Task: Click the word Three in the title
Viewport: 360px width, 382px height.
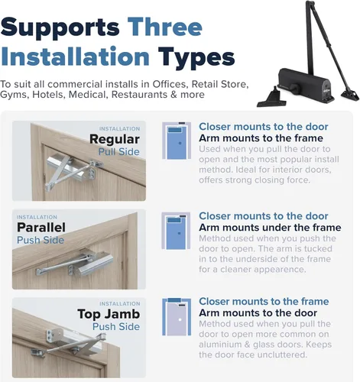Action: pyautogui.click(x=165, y=27)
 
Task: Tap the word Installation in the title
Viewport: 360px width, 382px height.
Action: pyautogui.click(x=75, y=57)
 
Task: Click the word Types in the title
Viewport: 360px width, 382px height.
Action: pyautogui.click(x=196, y=58)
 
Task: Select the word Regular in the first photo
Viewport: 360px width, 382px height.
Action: pyautogui.click(x=115, y=139)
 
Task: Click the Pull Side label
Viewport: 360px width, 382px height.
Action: pyautogui.click(x=119, y=152)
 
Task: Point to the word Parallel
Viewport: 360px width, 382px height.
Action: pyautogui.click(x=41, y=228)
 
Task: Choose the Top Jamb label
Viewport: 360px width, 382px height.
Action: pyautogui.click(x=109, y=314)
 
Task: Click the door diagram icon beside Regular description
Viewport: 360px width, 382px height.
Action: pyautogui.click(x=177, y=141)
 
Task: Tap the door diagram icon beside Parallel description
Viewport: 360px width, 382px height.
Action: pyautogui.click(x=176, y=231)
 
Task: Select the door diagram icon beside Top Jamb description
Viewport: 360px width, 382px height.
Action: pyautogui.click(x=177, y=317)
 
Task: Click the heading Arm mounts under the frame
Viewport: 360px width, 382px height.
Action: pyautogui.click(x=270, y=228)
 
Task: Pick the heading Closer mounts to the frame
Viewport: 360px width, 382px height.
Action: pyautogui.click(x=264, y=302)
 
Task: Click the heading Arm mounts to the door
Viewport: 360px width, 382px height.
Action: pyautogui.click(x=258, y=313)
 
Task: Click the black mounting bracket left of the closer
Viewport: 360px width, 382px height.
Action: pyautogui.click(x=272, y=99)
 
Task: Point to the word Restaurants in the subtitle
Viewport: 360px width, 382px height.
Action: pyautogui.click(x=139, y=95)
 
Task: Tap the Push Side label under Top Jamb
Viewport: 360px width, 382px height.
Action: pyautogui.click(x=116, y=327)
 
